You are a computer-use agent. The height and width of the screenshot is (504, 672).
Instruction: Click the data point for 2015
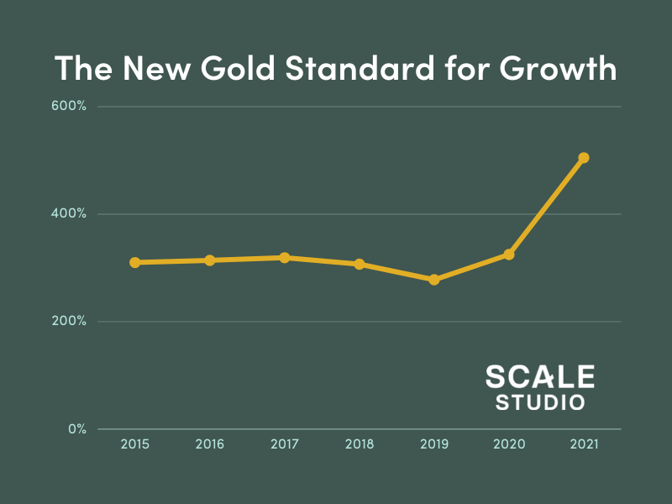[x=134, y=262]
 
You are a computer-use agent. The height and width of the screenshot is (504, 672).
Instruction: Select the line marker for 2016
[x=210, y=260]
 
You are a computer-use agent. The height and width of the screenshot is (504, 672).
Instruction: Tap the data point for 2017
[x=285, y=258]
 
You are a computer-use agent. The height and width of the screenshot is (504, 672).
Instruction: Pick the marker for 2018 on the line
[x=360, y=264]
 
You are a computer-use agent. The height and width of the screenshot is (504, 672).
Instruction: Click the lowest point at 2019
[x=434, y=279]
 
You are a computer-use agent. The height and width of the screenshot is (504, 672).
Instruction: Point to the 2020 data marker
[x=509, y=255]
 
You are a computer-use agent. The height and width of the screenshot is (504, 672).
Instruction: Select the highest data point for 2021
[x=584, y=158]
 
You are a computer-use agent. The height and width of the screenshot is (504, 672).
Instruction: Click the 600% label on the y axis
[x=69, y=107]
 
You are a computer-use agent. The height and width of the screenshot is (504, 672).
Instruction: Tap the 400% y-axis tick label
[x=69, y=214]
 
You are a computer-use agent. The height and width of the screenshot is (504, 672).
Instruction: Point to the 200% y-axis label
[x=69, y=322]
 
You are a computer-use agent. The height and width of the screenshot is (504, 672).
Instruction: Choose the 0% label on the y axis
[x=76, y=429]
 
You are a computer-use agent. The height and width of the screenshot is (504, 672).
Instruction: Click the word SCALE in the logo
[x=540, y=377]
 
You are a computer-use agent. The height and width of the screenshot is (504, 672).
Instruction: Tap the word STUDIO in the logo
[x=540, y=402]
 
